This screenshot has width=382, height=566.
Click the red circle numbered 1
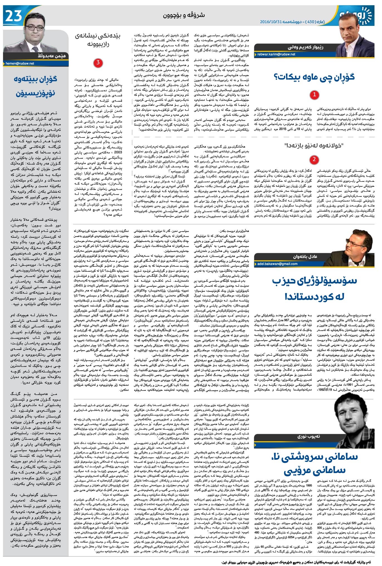[x=314, y=95]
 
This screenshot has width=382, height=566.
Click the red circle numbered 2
[x=314, y=159]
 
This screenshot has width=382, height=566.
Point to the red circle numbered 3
[x=98, y=63]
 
